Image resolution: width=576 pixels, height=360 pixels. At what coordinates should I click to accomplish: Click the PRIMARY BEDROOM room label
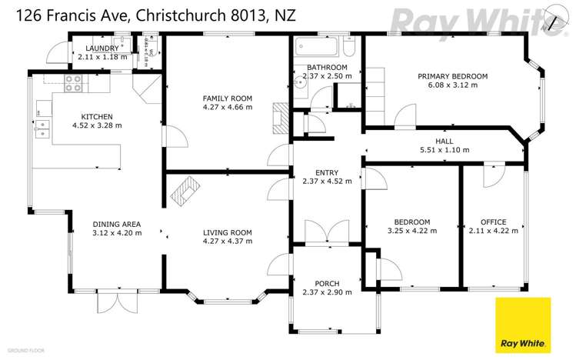[453, 76]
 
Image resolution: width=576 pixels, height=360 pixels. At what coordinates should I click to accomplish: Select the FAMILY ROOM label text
[227, 98]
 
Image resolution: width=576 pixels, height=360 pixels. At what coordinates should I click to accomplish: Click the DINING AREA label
[117, 225]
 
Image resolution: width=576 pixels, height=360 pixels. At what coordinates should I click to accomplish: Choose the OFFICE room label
[488, 222]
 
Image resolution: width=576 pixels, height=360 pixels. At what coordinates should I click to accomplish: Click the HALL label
[444, 142]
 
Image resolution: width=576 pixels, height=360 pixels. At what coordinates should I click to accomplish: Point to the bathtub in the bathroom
[315, 47]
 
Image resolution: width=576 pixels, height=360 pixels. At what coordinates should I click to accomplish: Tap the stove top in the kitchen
[74, 83]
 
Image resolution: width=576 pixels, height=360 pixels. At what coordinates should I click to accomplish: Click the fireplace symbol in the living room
[183, 189]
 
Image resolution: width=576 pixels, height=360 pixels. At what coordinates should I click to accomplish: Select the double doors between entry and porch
[326, 232]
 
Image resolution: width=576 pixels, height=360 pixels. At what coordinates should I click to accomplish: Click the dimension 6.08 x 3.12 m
[453, 85]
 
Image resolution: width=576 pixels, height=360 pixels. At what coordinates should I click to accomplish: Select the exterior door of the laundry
[56, 53]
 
